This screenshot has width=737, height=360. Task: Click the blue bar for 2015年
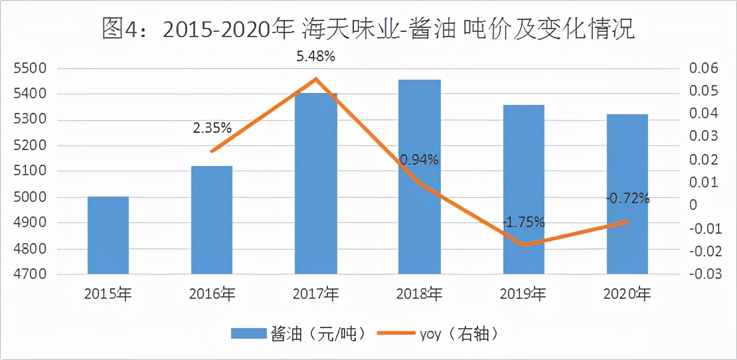[108, 235]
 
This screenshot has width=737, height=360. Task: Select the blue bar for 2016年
[212, 220]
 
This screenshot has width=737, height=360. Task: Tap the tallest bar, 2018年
[420, 177]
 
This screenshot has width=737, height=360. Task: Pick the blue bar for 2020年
[627, 194]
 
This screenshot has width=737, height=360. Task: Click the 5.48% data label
[315, 56]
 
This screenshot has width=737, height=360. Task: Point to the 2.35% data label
[212, 128]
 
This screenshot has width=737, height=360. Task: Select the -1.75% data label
[523, 221]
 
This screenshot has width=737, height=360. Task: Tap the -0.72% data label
[627, 198]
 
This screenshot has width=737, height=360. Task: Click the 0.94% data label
[419, 159]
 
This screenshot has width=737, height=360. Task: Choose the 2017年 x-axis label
[315, 293]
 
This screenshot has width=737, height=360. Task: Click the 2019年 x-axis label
[523, 293]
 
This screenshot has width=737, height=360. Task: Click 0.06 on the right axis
[705, 68]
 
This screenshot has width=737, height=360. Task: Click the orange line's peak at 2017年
[316, 79]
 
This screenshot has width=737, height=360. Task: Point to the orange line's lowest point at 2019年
[524, 244]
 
